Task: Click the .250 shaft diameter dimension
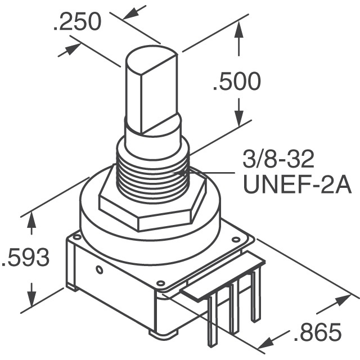pyautogui.click(x=78, y=22)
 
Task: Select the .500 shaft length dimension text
pyautogui.click(x=236, y=82)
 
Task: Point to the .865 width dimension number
pyautogui.click(x=317, y=333)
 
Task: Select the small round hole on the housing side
pyautogui.click(x=100, y=269)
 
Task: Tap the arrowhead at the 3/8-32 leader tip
pyautogui.click(x=194, y=172)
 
